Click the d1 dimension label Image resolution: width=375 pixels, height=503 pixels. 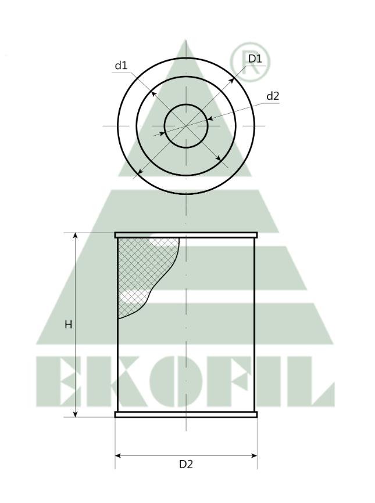pos(121,66)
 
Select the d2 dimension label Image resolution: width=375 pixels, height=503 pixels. pos(273,96)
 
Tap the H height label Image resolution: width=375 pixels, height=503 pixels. pos(68,325)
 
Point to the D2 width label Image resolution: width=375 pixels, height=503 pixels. pos(186,464)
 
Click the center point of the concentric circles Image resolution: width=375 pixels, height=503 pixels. pos(186,126)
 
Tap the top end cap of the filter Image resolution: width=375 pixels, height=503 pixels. pos(186,235)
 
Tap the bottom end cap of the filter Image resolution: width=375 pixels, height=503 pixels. pos(186,414)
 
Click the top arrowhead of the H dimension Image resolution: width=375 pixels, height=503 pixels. pos(76,236)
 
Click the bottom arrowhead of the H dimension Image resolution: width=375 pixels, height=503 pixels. pos(76,413)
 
